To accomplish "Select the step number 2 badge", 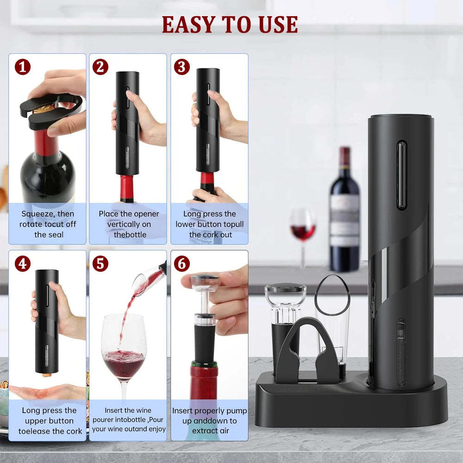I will [100, 67].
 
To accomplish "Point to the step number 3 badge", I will [181, 67].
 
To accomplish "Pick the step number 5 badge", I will [100, 264].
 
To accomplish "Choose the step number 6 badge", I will [181, 264].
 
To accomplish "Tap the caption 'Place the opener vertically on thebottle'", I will [129, 224].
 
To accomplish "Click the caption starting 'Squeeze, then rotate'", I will [48, 224].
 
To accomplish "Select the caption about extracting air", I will [210, 421].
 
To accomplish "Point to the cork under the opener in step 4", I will [46, 374].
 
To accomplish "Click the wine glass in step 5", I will [124, 357].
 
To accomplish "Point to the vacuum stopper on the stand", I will [285, 306].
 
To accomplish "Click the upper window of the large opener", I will [401, 171].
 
